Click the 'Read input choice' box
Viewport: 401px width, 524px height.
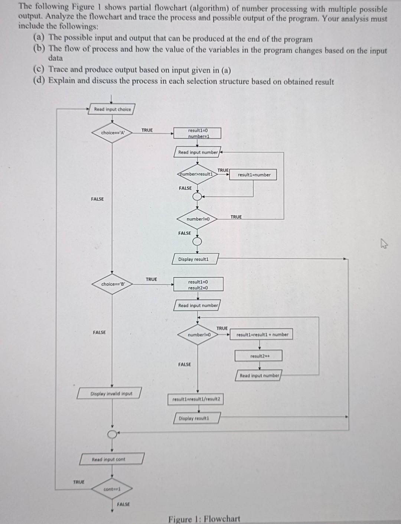point(112,109)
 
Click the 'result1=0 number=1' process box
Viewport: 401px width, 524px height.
point(198,133)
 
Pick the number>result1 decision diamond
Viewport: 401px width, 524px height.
point(197,174)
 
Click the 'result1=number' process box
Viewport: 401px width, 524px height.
point(254,175)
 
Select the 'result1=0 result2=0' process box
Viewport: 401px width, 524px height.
point(198,284)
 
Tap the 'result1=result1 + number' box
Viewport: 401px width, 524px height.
point(262,335)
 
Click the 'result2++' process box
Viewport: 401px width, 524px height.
point(259,356)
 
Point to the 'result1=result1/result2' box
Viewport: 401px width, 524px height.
point(196,399)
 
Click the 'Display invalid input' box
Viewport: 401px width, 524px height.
point(110,393)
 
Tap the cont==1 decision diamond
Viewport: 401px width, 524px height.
point(112,489)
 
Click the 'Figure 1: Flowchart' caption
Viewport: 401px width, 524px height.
point(204,518)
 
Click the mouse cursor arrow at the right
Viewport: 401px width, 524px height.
point(384,244)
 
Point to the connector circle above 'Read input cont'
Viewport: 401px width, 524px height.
point(111,434)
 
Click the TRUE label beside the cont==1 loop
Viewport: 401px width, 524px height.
point(79,482)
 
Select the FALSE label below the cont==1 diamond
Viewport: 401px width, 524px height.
point(123,504)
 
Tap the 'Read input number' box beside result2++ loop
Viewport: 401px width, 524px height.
point(259,375)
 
